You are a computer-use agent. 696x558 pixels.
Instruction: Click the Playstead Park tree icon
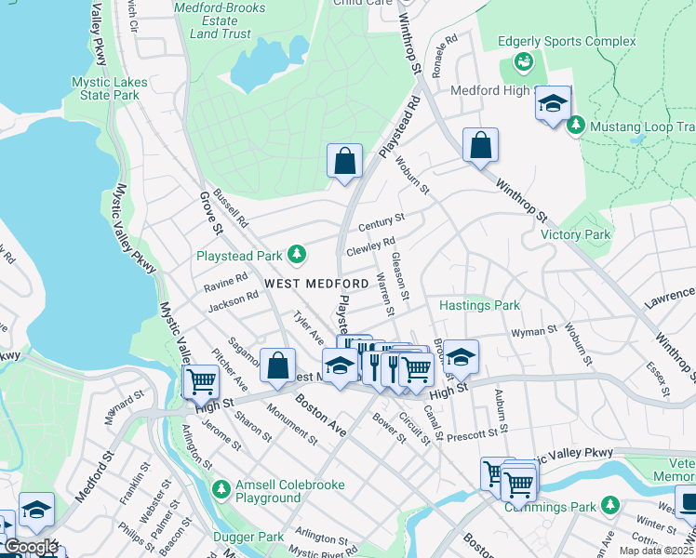tap(297, 254)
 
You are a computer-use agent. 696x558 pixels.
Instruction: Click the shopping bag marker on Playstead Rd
tap(344, 160)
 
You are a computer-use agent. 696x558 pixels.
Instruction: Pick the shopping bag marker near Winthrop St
tap(480, 145)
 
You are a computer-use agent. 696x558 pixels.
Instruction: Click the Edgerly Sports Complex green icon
tap(523, 62)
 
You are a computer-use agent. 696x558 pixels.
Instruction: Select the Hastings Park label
tap(479, 305)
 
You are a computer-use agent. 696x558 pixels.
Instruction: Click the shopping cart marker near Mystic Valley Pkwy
tap(201, 380)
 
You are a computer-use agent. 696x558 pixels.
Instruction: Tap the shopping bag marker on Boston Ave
tap(277, 365)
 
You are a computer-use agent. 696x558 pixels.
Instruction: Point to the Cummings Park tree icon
tap(609, 504)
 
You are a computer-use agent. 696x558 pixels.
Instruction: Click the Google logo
tap(31, 547)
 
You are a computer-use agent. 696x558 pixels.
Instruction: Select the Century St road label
tap(381, 221)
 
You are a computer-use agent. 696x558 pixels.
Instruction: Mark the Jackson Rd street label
tap(233, 299)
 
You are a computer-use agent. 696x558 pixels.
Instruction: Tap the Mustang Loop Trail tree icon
tap(576, 125)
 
